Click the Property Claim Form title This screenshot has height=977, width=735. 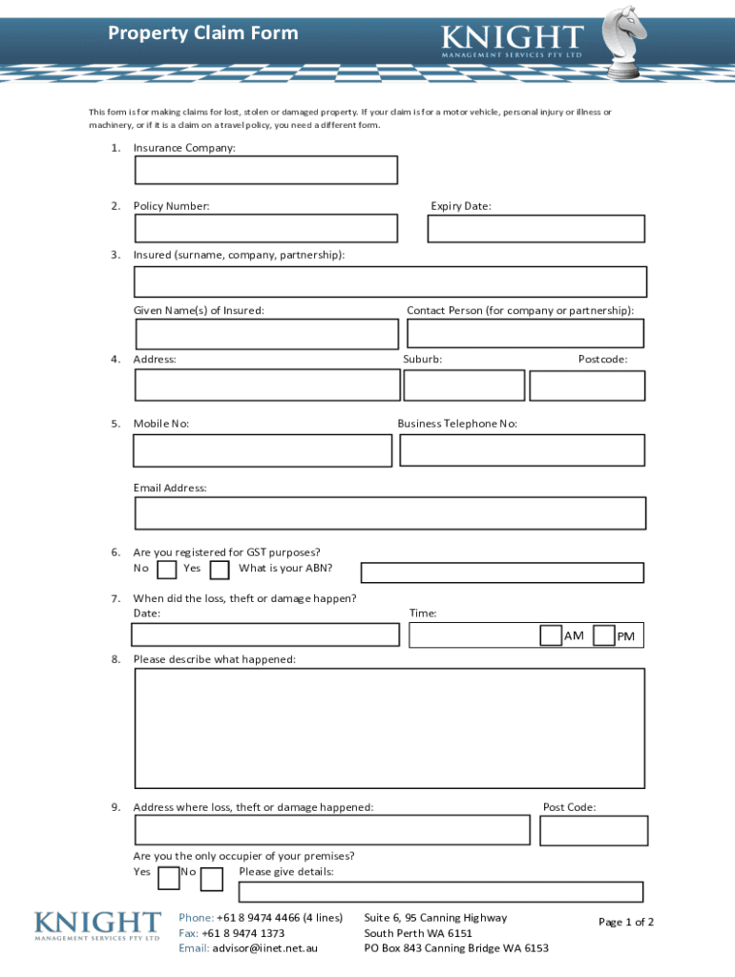pos(202,33)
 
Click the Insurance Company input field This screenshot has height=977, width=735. pos(265,170)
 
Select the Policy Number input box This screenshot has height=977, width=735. pos(265,228)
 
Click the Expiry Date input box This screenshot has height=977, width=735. pos(535,229)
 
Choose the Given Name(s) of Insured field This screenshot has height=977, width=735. pos(266,334)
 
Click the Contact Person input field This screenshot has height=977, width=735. pos(525,333)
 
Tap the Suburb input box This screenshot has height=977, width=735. pos(464,385)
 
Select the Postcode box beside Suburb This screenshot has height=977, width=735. pos(587,385)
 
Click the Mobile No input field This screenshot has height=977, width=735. pos(262,450)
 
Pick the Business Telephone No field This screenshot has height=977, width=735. pos(522,450)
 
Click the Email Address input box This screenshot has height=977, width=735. pos(389,512)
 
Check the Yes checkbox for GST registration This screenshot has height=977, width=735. pos(220,570)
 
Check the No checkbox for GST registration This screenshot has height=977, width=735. pos(167,570)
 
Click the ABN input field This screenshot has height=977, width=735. pos(502,572)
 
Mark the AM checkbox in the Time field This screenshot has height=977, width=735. pos(551,635)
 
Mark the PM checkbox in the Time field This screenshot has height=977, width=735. pos(603,635)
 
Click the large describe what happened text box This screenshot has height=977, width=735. pos(389,728)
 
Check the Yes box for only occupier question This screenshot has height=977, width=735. pos(168,878)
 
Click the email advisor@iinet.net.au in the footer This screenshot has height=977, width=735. pos(264,948)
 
